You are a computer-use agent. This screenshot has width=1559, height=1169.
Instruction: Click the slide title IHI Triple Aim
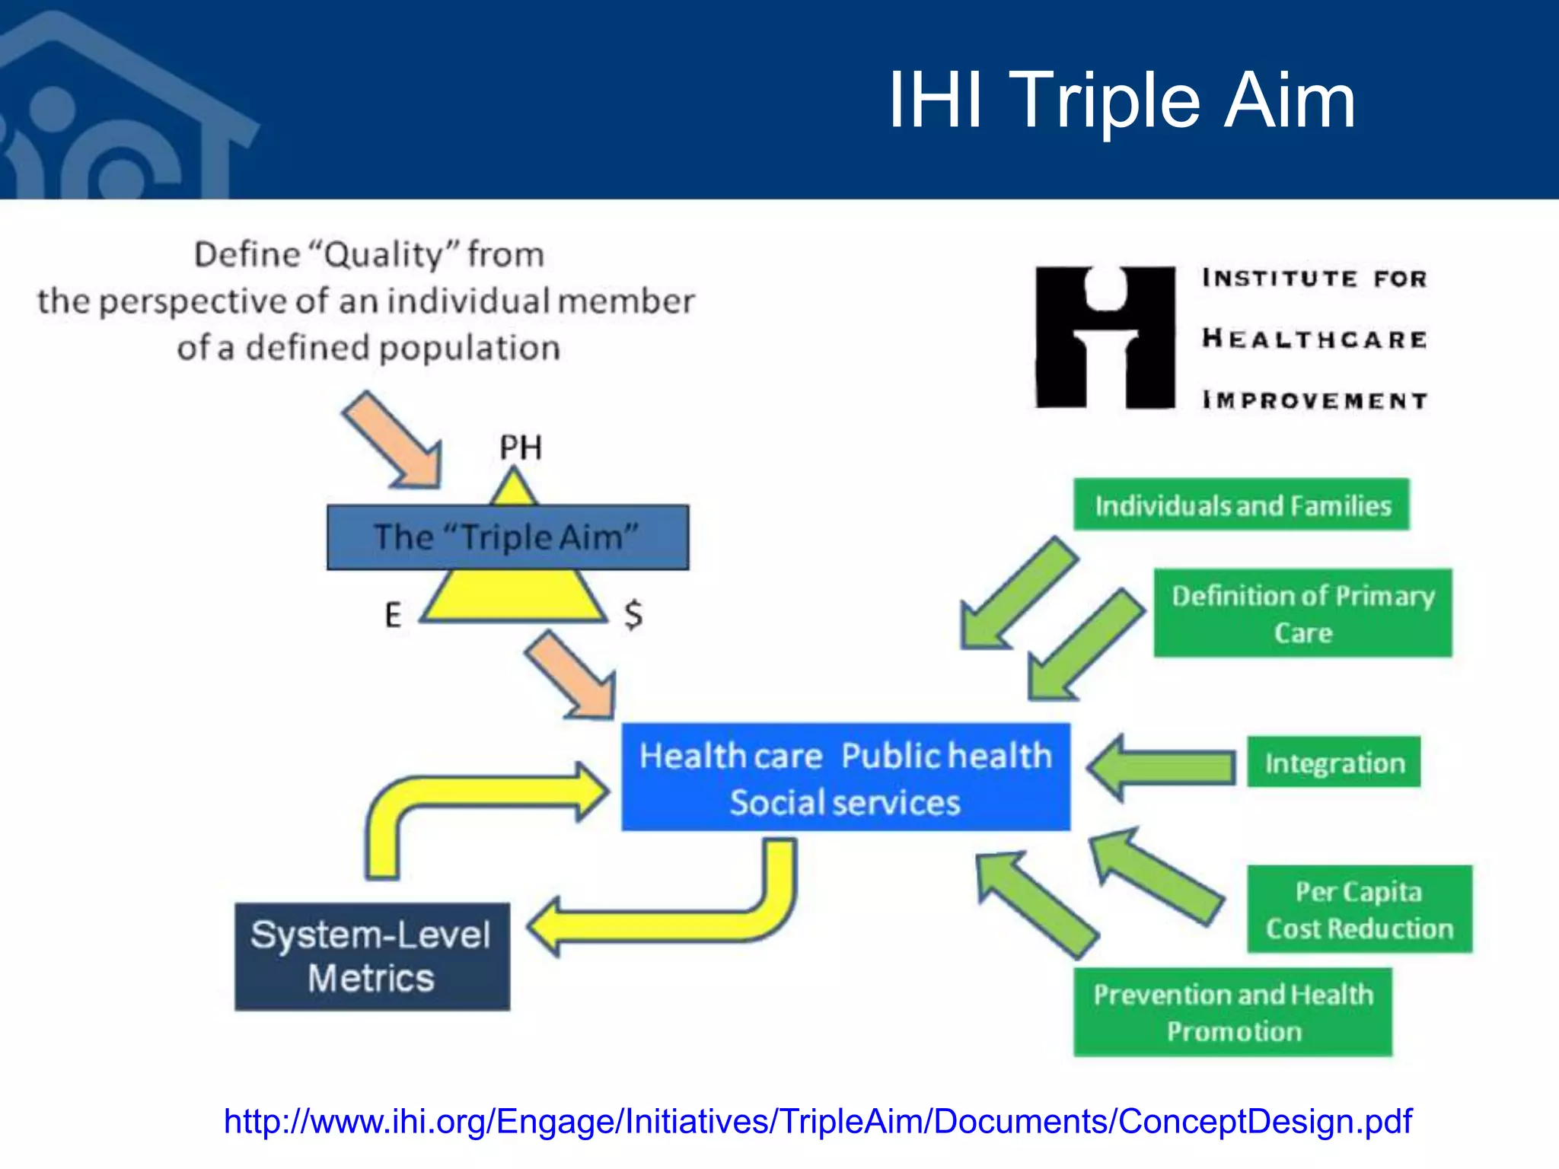coord(1121,100)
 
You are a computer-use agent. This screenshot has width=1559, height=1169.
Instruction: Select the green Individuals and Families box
coord(1242,505)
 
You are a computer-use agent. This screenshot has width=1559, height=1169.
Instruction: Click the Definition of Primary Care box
coord(1302,613)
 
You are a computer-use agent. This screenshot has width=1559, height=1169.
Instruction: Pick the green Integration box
coord(1334,762)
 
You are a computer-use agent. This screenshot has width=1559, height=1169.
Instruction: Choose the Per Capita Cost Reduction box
coord(1359,909)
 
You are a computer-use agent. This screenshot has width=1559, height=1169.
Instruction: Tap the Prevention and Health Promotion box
coord(1233,1012)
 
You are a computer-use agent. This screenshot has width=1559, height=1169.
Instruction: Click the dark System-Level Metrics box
coord(372,957)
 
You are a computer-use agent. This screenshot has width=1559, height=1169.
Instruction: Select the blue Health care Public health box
coord(845,777)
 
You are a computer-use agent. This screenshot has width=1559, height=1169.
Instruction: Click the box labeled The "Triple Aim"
coord(508,537)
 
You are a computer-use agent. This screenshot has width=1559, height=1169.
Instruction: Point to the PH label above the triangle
coord(521,448)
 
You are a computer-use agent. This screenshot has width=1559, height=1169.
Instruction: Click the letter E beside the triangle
coord(393,615)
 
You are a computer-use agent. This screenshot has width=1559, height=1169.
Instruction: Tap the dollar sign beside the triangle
coord(633,614)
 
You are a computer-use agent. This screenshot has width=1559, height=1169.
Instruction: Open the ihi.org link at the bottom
coord(818,1122)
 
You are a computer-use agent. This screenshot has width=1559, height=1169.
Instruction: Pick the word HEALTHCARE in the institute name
coord(1315,339)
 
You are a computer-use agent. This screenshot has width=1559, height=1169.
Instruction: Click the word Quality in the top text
coord(384,254)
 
